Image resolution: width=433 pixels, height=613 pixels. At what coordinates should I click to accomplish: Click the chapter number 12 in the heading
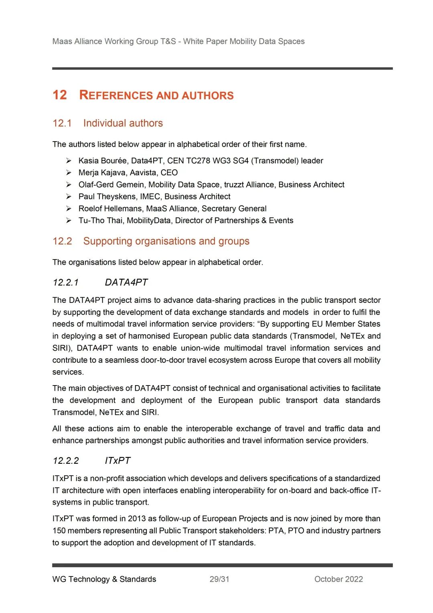[60, 95]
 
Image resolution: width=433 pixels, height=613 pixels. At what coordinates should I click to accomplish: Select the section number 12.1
[62, 123]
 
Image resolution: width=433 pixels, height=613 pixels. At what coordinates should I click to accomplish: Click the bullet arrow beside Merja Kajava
[69, 173]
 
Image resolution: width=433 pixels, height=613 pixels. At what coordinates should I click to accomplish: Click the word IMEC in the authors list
[150, 197]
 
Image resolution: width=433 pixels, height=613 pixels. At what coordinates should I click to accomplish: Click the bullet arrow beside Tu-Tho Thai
[69, 221]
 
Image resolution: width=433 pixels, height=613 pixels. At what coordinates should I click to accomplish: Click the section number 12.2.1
[66, 282]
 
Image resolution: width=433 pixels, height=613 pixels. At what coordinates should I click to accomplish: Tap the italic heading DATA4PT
[126, 282]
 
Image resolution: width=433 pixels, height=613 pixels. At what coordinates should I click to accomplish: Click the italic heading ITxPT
[117, 461]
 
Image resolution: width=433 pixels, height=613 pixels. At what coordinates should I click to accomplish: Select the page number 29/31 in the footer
[219, 579]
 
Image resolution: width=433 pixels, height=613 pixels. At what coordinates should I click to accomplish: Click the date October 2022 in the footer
[338, 579]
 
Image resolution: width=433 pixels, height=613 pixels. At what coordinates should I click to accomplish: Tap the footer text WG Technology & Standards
[104, 579]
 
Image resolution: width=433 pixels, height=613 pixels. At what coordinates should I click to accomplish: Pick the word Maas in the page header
[62, 41]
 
